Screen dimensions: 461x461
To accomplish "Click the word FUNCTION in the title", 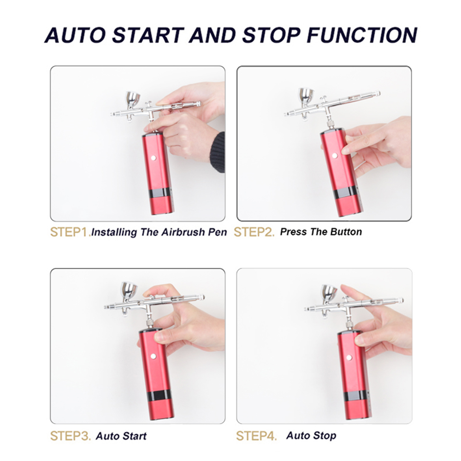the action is [x=362, y=35].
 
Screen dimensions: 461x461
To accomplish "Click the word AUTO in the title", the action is [x=75, y=35].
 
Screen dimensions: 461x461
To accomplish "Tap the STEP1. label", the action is [x=71, y=232].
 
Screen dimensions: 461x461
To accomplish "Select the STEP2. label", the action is [x=254, y=232].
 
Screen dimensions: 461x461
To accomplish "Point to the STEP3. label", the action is [x=71, y=436].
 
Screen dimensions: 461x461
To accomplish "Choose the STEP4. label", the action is [x=256, y=436].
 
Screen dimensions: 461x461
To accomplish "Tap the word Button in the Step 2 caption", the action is [x=346, y=232].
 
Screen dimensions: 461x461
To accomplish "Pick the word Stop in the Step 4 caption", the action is [x=324, y=436].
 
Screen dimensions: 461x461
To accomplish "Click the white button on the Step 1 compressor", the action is [x=153, y=158].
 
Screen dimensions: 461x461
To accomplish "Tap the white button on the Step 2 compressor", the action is [x=335, y=155].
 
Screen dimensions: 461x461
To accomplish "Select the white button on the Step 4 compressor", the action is [x=349, y=358].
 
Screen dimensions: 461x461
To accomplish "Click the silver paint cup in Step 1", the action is [x=133, y=100].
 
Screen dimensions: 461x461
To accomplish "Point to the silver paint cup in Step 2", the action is [x=306, y=97].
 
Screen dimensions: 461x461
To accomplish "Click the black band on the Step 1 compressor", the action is [x=160, y=192].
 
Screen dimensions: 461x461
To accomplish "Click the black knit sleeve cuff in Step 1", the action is [x=218, y=152].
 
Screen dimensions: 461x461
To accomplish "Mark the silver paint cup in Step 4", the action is [x=329, y=294].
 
